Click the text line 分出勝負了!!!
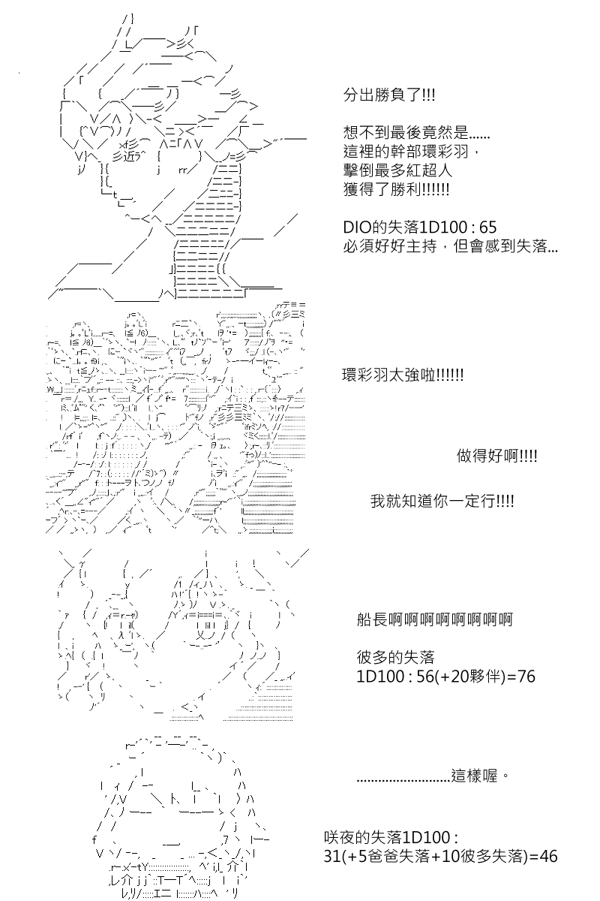[x=389, y=95]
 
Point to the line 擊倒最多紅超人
[x=397, y=170]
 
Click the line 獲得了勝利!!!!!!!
[x=396, y=189]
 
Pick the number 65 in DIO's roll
[x=488, y=228]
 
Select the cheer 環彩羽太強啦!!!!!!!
[x=403, y=375]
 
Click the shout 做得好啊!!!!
[x=496, y=456]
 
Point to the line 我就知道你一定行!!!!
[x=442, y=502]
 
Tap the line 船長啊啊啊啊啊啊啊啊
[x=435, y=619]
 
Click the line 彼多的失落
[x=395, y=657]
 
